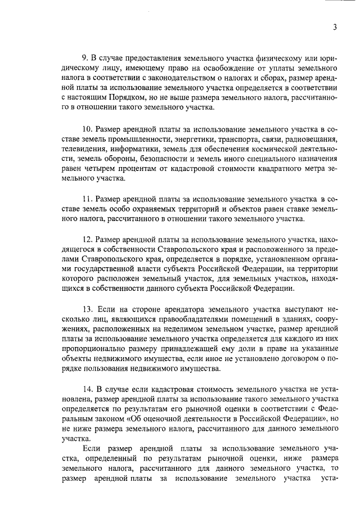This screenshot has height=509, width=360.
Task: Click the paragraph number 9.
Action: pyautogui.click(x=85, y=58)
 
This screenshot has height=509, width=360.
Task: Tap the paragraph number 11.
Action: pyautogui.click(x=87, y=199)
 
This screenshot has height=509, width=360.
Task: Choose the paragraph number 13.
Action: pyautogui.click(x=87, y=309)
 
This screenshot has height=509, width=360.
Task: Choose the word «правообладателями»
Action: pyautogui.click(x=181, y=319)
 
